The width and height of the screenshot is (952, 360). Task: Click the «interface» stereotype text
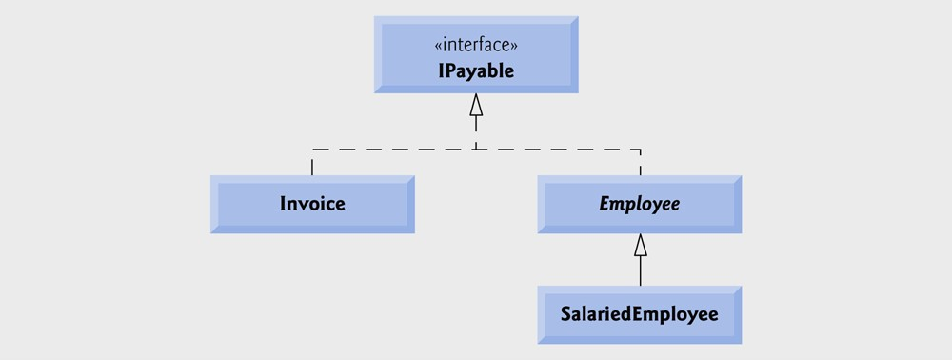point(476,45)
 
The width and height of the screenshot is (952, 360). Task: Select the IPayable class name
point(476,70)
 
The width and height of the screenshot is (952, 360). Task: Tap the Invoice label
point(312,204)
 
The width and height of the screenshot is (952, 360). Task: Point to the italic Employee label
point(639,204)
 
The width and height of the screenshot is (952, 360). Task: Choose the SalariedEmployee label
point(639,313)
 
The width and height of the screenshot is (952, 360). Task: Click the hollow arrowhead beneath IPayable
point(476,105)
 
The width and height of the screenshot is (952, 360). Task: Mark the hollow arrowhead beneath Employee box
point(641,245)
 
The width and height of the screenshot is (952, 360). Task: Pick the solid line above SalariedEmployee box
point(641,271)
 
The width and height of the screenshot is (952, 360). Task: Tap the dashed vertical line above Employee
point(641,162)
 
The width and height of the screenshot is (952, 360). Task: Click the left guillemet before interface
point(437,46)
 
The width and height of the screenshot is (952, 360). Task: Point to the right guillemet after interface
point(515,46)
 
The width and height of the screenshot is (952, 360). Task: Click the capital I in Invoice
point(283,204)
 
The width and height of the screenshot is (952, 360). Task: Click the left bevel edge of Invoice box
point(214,205)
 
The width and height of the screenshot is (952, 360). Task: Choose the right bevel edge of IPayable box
point(574,53)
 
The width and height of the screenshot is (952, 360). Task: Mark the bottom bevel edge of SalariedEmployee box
point(639,339)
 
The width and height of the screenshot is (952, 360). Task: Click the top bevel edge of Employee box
point(639,179)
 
